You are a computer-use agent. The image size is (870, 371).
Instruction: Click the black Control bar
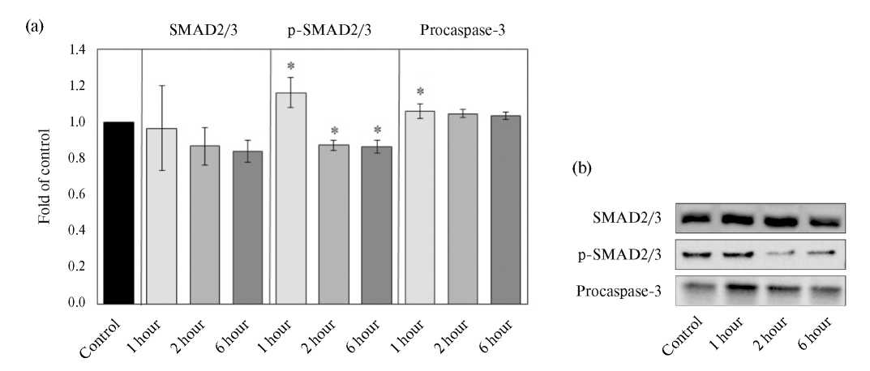click(x=119, y=212)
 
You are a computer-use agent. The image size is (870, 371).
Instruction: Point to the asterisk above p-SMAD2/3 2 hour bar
click(x=334, y=131)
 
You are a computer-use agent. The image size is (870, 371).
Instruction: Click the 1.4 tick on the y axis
click(x=78, y=50)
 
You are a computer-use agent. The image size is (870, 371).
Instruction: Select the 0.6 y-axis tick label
click(x=78, y=194)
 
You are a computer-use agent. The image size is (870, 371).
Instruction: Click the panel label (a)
click(x=35, y=27)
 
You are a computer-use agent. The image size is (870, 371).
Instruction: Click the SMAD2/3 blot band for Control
click(x=701, y=219)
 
